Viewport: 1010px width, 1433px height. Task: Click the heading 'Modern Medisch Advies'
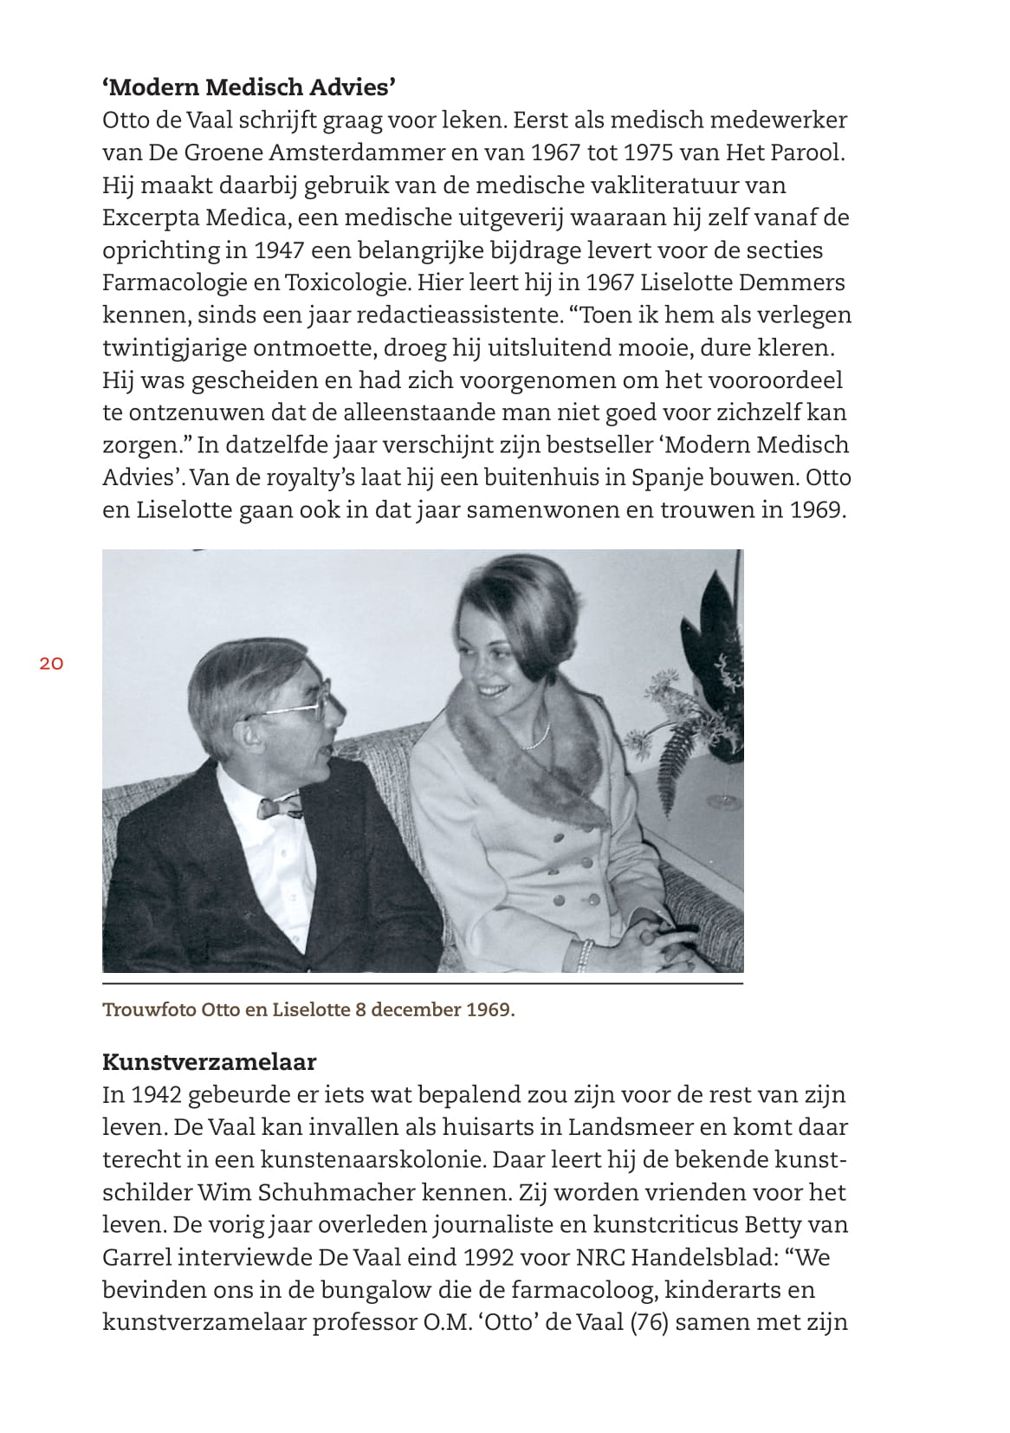coord(249,87)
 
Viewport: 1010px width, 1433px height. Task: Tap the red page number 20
coord(51,664)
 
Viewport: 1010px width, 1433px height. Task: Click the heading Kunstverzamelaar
coord(209,1061)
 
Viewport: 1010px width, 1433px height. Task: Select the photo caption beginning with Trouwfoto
coord(308,1009)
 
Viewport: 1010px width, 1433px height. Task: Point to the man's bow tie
coord(280,809)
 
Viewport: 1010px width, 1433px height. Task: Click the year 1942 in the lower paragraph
coord(156,1094)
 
